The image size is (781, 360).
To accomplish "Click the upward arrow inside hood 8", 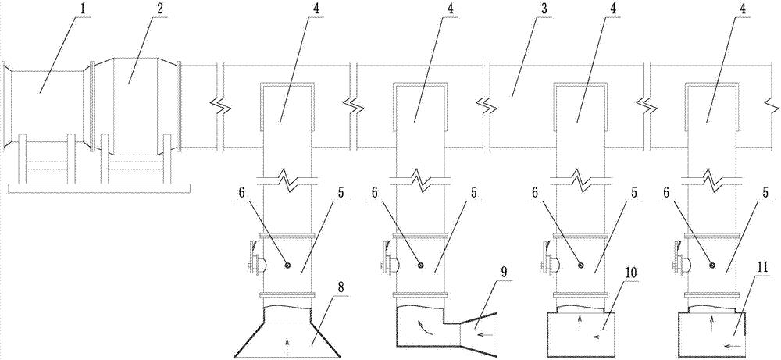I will tap(287, 340).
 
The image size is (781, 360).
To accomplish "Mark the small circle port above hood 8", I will tap(288, 266).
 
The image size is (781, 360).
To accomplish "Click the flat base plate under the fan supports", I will tap(99, 187).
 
